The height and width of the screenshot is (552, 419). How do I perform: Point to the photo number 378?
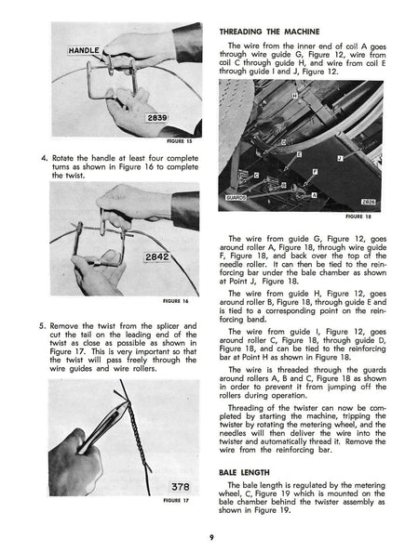coord(179,487)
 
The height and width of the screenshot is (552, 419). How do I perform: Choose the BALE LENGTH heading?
coord(246,471)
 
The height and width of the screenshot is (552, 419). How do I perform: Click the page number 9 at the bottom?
coord(211,535)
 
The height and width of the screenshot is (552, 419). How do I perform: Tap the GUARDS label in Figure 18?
coord(237,198)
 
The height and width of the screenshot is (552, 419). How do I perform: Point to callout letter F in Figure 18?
coord(315,171)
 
